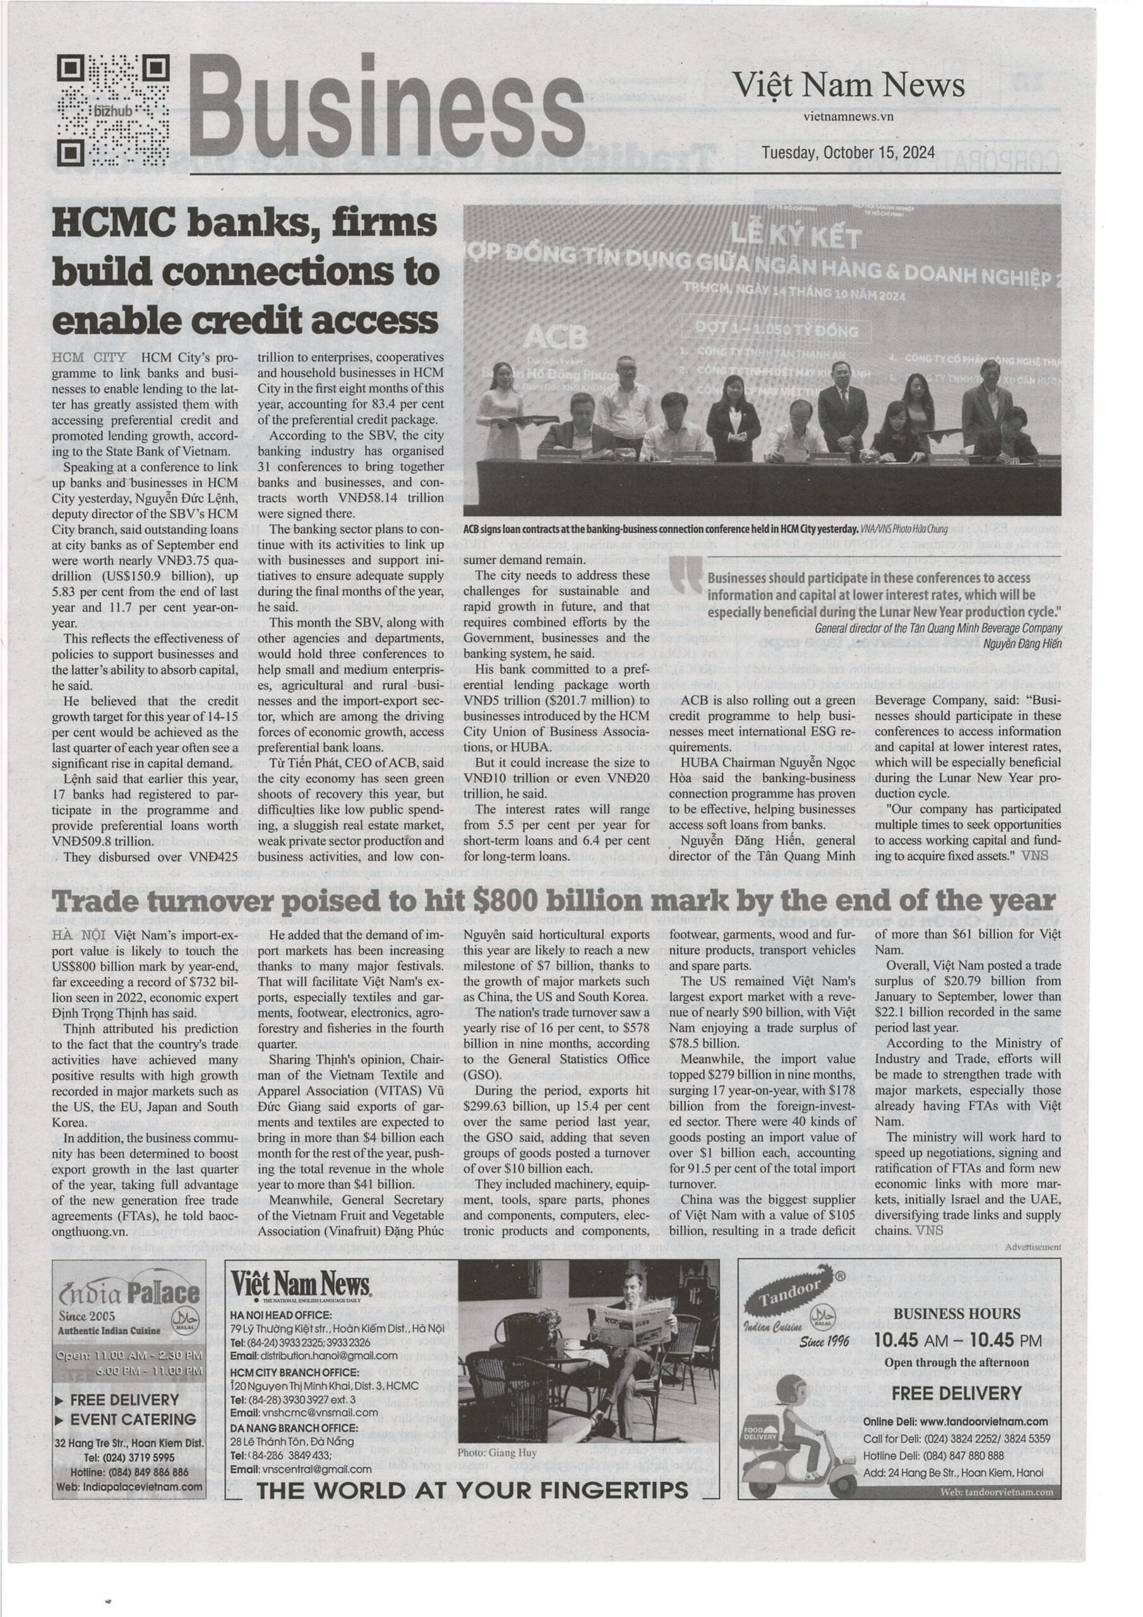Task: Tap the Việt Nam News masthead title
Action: coord(849,86)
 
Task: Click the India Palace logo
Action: coord(128,1294)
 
